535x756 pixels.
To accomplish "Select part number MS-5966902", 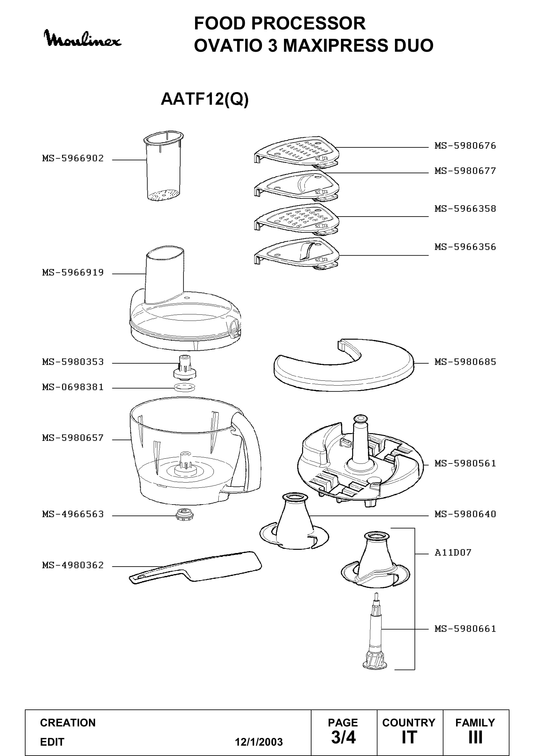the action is click(73, 158).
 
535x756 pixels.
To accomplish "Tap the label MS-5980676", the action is click(465, 145).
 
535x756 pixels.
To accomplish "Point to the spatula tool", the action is click(195, 567).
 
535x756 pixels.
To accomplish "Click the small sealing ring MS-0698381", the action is click(184, 387).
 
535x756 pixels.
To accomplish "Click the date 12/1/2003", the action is click(259, 742).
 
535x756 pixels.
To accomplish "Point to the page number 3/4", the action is click(343, 738).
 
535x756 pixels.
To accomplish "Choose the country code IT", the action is click(409, 738).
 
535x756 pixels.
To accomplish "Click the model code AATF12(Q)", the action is click(204, 99).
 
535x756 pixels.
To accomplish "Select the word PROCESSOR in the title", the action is click(308, 23).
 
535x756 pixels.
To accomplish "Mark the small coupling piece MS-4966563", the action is click(184, 514).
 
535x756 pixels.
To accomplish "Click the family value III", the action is click(475, 738).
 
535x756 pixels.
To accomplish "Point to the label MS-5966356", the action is click(465, 247).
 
